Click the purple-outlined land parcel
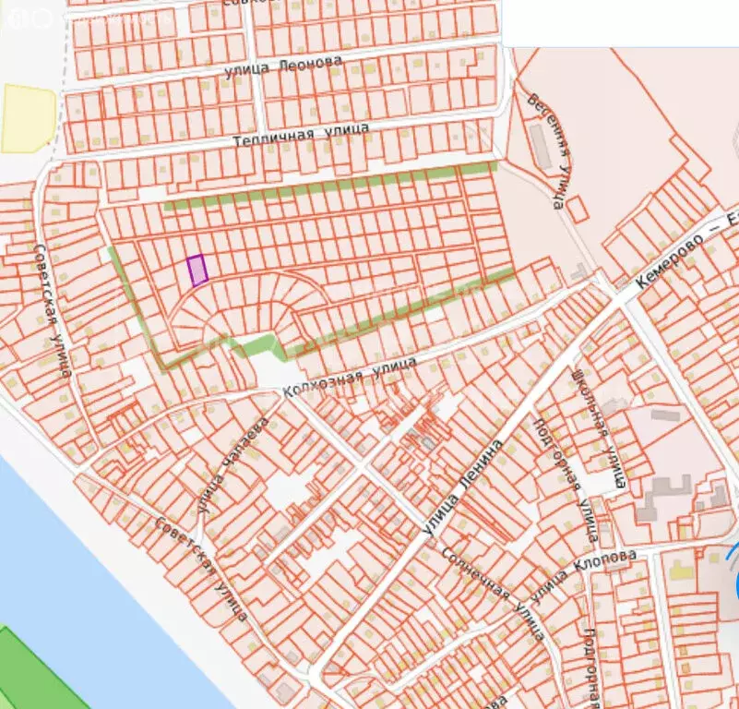coord(197,270)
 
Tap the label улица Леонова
coord(283,67)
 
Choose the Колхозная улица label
coord(351,378)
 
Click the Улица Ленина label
coord(462,488)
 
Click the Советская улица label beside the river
coord(201,567)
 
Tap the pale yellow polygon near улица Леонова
coord(28,117)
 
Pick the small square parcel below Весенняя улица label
coord(578,209)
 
